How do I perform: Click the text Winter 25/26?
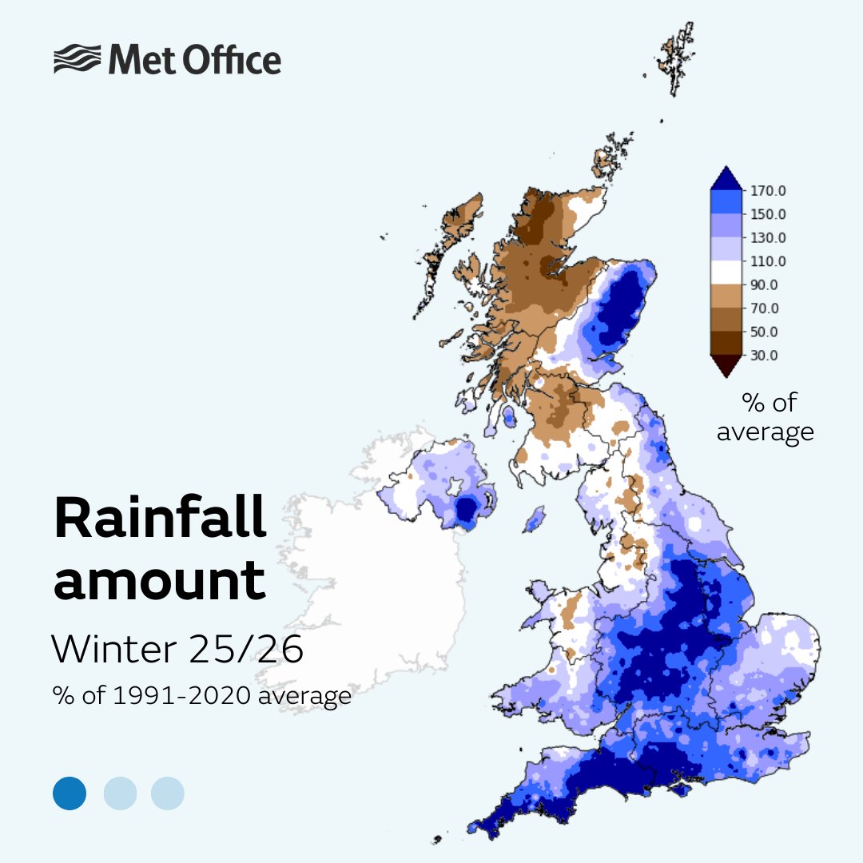[x=177, y=650]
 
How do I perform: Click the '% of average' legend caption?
[x=765, y=417]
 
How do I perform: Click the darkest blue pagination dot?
[x=70, y=793]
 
